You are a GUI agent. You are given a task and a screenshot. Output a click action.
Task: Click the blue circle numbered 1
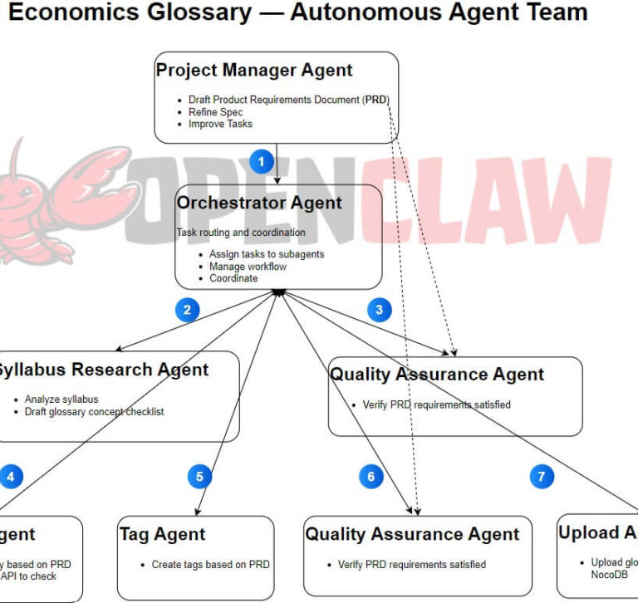coord(262,161)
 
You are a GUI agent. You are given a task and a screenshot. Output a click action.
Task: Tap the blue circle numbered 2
coord(187,311)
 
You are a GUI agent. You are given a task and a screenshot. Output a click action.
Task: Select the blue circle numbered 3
coord(380,311)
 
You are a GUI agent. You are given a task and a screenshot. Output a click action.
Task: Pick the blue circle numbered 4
coord(11,477)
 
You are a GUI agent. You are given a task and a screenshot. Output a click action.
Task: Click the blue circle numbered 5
coord(199,477)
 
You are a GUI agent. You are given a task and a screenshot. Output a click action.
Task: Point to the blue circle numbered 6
coord(371,477)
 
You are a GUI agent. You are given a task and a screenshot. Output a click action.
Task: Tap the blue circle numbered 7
coord(542,477)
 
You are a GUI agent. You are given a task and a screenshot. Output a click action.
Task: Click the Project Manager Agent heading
coord(254,71)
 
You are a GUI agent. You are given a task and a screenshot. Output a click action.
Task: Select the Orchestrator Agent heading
coord(259,203)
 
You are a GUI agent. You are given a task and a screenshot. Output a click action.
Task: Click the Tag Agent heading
coord(162,534)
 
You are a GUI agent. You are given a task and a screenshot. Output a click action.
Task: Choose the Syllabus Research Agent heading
coord(101,370)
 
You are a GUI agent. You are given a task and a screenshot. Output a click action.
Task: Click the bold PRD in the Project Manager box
coord(376,100)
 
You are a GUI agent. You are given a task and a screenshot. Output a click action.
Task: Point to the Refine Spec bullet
coord(216,112)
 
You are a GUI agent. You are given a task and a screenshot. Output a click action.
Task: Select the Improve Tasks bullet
coord(220,124)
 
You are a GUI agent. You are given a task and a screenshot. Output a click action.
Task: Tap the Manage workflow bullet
coord(248,267)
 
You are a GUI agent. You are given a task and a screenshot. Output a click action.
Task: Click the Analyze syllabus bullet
coord(61,400)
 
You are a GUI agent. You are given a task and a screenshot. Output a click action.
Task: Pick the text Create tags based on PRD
coord(210,565)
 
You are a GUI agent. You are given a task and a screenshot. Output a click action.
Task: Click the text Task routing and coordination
coord(241,233)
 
